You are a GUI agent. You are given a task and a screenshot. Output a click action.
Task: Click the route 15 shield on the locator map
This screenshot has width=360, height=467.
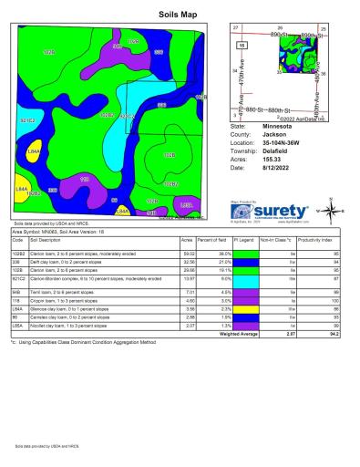coord(242,45)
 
